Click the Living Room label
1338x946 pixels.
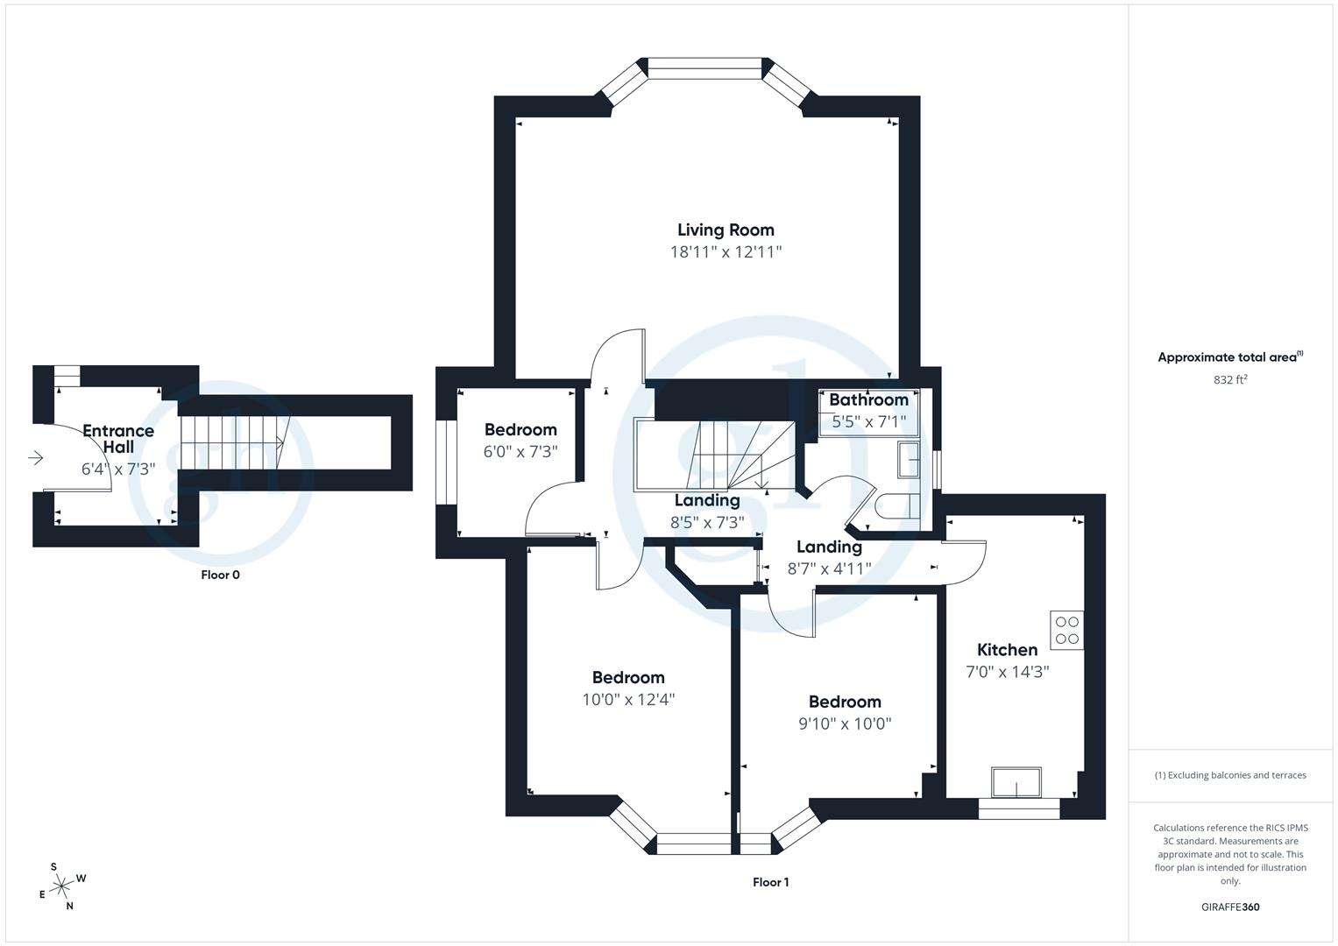(x=726, y=230)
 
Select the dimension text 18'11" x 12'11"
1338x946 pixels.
(x=726, y=252)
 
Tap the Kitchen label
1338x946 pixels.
(x=1007, y=650)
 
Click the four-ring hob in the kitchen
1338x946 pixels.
(x=1066, y=630)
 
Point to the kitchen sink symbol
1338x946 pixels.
(x=1016, y=781)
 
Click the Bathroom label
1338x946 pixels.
(x=868, y=400)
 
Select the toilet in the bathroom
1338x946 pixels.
(x=898, y=506)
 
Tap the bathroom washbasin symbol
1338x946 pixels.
(x=908, y=458)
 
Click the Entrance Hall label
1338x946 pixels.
(x=118, y=439)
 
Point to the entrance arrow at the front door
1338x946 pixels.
(x=36, y=458)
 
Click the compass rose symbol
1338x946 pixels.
(x=60, y=887)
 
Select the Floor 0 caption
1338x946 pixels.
(x=220, y=575)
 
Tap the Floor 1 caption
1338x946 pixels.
(x=770, y=883)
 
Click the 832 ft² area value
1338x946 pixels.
(x=1230, y=380)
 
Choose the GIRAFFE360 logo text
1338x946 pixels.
(x=1230, y=907)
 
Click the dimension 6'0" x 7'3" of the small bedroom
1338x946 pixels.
(x=520, y=452)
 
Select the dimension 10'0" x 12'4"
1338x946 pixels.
(x=628, y=700)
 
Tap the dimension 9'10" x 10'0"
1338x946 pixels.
(x=845, y=724)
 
